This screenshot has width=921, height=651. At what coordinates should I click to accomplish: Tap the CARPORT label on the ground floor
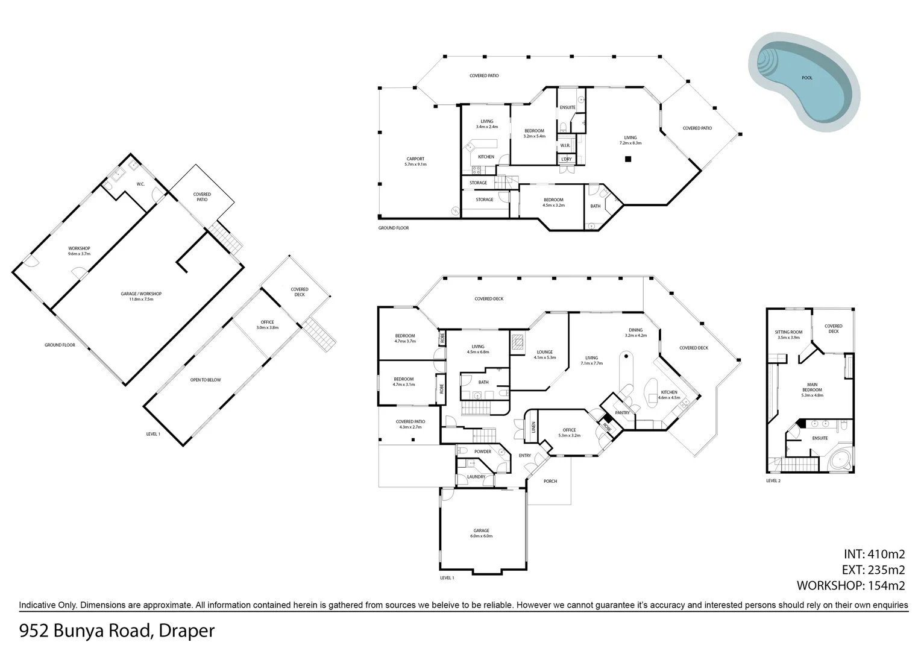click(x=415, y=162)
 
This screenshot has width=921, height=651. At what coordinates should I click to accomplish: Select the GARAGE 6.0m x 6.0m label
click(x=481, y=533)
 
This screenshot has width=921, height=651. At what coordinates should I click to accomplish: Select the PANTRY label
click(x=622, y=413)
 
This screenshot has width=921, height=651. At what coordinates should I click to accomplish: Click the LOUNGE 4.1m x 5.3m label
click(x=544, y=355)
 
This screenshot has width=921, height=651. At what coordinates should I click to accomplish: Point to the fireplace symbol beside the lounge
click(x=517, y=343)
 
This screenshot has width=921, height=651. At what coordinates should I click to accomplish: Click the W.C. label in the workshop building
click(x=140, y=184)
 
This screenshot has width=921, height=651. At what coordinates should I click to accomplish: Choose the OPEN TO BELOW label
click(x=205, y=380)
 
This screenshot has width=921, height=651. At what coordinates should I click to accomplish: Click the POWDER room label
click(x=482, y=451)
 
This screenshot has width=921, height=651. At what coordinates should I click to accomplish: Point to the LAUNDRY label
click(x=476, y=477)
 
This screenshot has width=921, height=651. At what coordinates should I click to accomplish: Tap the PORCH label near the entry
click(x=550, y=481)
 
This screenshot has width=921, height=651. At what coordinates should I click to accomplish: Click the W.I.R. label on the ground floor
click(x=565, y=146)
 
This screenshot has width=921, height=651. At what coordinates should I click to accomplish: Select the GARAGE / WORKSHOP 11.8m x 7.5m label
click(x=141, y=296)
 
